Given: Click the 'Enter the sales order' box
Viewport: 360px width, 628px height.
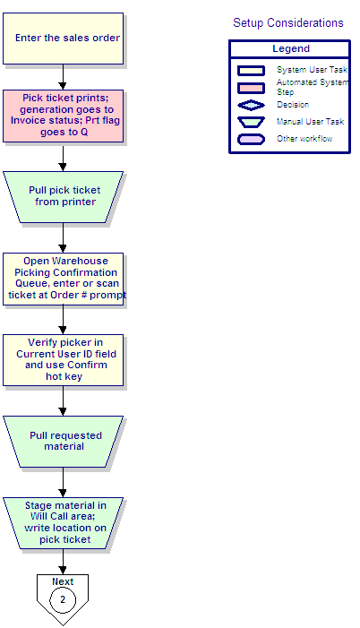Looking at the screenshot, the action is point(64,39).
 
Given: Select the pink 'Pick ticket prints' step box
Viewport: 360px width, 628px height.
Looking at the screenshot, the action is point(64,116).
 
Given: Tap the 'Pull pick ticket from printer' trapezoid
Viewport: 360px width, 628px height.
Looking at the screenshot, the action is point(64,197).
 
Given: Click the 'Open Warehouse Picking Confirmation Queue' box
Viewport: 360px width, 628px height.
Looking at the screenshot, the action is point(64,279).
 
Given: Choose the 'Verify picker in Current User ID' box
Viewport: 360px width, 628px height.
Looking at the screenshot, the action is point(64,360).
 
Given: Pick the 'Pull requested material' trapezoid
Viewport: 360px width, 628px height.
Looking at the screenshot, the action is point(64,442).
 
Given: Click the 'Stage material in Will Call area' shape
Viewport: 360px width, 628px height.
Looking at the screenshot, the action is point(64,523).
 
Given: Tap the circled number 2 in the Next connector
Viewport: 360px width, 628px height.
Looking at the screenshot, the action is point(63,600).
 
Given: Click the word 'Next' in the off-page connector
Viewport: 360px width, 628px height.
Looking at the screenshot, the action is point(63,581).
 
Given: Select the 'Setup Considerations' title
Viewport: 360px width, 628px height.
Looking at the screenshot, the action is point(288,22).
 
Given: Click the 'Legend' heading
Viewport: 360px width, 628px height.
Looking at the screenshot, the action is point(291,48).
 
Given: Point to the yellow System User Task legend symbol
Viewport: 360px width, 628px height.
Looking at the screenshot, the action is point(251,71).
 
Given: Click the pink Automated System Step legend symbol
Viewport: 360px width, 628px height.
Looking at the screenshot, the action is point(251,88).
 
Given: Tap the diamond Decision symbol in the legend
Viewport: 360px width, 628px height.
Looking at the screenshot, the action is point(251,105).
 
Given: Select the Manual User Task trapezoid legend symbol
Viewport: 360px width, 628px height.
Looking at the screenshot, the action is point(251,122).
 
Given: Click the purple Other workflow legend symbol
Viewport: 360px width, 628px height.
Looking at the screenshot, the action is point(251,139).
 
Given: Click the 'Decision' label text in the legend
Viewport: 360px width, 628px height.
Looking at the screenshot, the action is point(293,105).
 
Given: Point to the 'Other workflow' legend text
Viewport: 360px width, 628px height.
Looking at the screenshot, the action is point(304,139).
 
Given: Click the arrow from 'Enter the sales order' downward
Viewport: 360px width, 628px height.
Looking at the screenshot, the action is point(63,77).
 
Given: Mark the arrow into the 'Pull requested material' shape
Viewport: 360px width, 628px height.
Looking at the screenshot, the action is point(63,401).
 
